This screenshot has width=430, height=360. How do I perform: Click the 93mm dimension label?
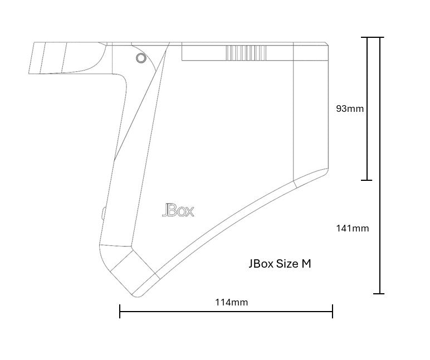[x=350, y=109]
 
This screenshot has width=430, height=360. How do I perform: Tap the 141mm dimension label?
[x=353, y=228]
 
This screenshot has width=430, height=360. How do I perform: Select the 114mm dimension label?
[x=232, y=302]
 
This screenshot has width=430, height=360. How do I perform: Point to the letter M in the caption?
[x=306, y=264]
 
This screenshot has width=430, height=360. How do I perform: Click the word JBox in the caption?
[x=261, y=264]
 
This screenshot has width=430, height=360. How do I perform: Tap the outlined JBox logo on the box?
[x=178, y=210]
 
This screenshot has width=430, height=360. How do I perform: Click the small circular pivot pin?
[x=141, y=58]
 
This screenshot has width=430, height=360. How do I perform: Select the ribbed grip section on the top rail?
[x=246, y=53]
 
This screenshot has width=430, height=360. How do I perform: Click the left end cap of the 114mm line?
[x=120, y=311]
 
